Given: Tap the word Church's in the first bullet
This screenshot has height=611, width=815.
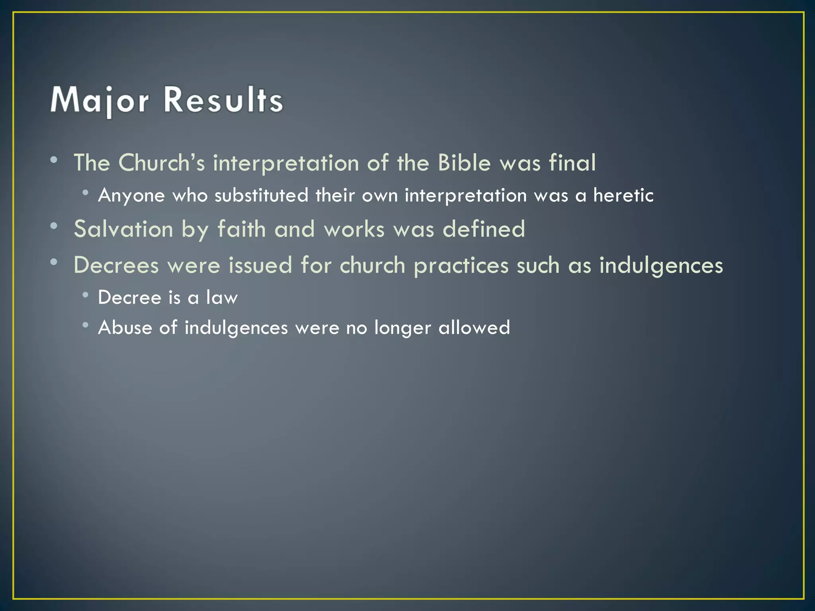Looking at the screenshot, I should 161,163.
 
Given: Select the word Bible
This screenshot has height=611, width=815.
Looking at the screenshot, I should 464,163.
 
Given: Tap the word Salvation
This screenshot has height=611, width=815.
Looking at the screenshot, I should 123,230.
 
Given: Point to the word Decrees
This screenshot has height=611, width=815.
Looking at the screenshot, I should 116,265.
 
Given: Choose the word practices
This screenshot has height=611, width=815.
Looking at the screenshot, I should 461,265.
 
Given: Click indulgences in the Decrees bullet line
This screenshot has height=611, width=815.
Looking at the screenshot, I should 661,265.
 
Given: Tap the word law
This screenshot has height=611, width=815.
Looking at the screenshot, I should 222,298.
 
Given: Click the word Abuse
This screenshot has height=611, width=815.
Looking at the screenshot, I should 125,328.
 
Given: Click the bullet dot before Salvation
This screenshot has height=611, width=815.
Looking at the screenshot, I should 54,226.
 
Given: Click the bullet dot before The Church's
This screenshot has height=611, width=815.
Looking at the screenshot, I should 54,160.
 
